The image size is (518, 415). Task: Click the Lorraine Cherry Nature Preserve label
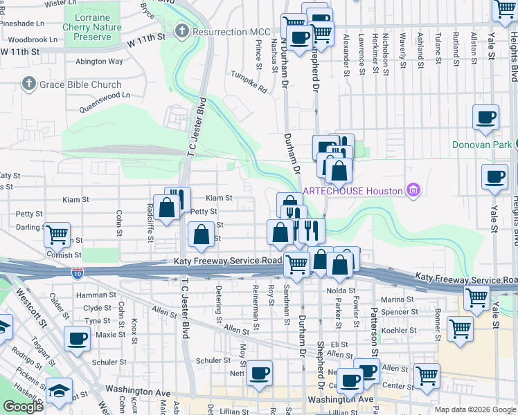pos(92,22)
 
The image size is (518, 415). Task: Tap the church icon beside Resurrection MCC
pos(182,31)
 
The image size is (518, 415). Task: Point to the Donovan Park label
pos(481,145)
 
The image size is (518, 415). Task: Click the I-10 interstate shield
pos(78,273)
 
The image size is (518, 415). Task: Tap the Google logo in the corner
pos(24,407)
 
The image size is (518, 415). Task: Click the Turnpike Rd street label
pos(249,82)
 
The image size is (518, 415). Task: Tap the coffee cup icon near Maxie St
pos(76,339)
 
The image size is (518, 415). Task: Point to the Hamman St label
pos(98,295)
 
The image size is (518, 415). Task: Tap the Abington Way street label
pos(99,61)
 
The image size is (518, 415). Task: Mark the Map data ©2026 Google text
pos(474,409)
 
